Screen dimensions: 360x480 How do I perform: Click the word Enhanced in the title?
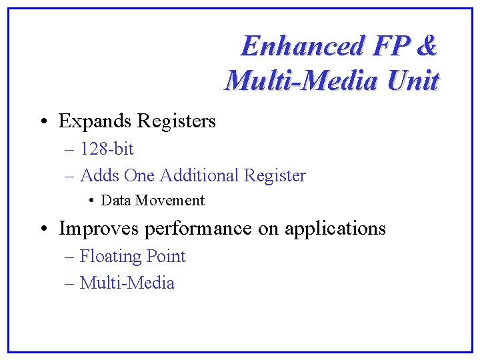303,46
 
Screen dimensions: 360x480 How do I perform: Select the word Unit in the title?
413,81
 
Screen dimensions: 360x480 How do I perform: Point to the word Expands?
95,121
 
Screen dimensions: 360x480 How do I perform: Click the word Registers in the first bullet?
176,121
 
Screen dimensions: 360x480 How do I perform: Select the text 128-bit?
107,149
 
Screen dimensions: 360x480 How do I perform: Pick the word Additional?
200,176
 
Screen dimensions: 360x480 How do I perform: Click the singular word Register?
275,176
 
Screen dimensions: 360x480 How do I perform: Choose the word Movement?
173,201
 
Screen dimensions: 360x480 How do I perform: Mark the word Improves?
99,229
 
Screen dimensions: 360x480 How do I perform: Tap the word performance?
198,229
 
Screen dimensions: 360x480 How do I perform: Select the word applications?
335,229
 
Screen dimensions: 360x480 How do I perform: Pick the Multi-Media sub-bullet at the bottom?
127,283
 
